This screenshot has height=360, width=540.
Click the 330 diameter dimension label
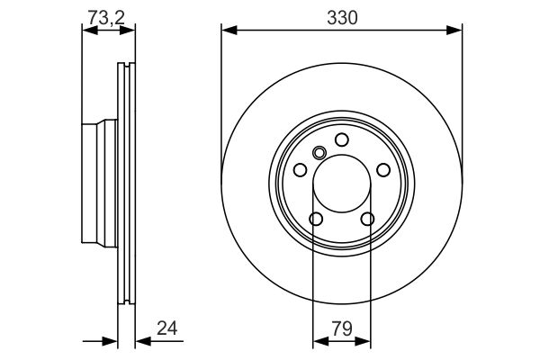[x=342, y=18]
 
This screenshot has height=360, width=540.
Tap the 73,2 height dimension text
[x=106, y=18]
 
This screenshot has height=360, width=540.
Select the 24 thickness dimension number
[x=167, y=328]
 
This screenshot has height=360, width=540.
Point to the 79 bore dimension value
[x=342, y=328]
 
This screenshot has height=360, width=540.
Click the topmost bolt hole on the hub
[x=342, y=139]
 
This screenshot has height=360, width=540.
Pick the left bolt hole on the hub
[x=300, y=169]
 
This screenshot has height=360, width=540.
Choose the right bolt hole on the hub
[x=383, y=170]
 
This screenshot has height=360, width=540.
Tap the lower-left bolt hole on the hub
[x=316, y=219]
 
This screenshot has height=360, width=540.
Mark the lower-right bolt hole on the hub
[x=367, y=219]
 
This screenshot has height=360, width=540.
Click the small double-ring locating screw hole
[x=319, y=153]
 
